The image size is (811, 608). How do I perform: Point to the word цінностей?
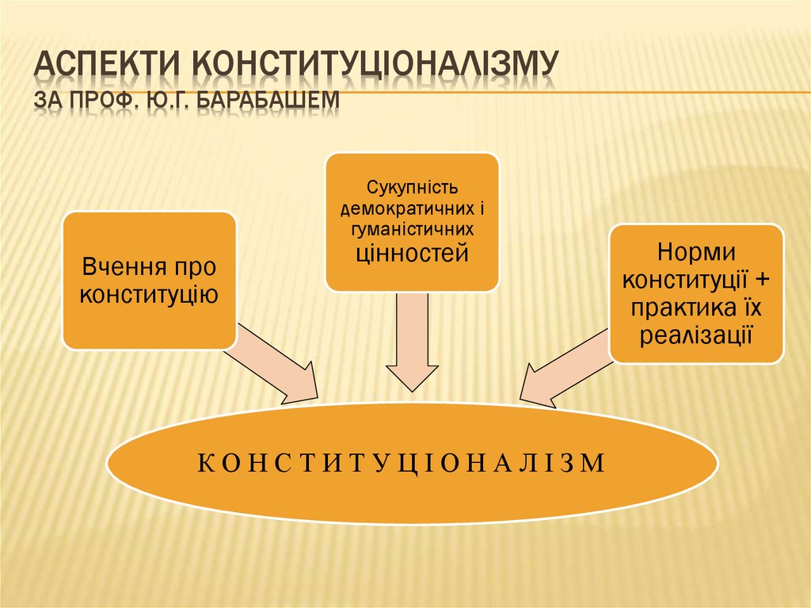[x=412, y=253]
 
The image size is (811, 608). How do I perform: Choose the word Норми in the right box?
[x=697, y=253]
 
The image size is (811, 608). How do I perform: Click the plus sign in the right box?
[x=762, y=280]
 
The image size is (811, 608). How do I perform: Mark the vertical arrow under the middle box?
[x=412, y=341]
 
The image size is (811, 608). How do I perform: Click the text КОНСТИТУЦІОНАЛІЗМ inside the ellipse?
[x=412, y=464]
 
